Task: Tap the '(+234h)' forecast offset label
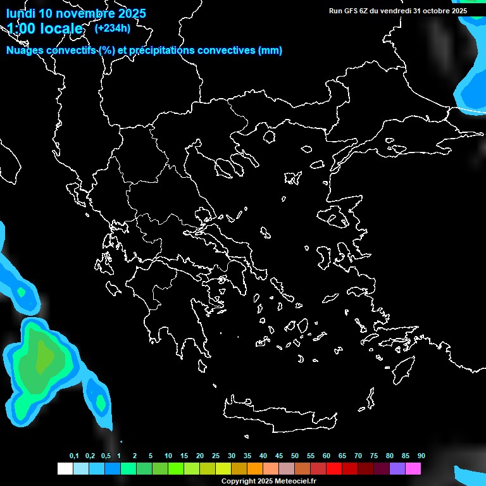113,28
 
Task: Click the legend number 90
421,456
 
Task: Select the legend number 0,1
74,456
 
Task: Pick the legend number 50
295,456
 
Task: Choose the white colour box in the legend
65,468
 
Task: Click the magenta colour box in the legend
413,468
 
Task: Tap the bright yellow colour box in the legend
223,468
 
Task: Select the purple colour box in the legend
397,468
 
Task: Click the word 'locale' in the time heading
59,28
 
